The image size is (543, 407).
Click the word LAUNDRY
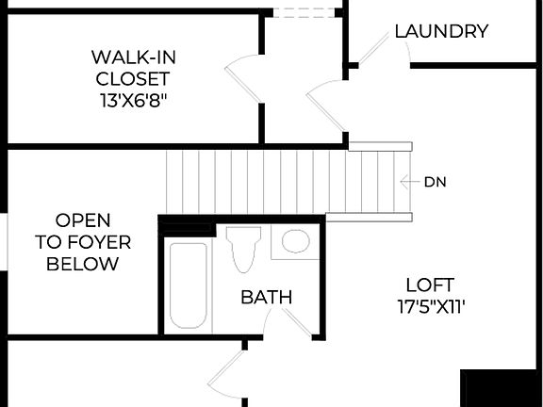pos(441,31)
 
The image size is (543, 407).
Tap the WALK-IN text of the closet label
pos(131,57)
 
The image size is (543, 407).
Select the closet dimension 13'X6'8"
pos(131,99)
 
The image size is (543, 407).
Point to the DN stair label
pos(435,182)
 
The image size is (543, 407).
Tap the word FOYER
pos(83,242)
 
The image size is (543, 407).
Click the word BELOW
pos(83,264)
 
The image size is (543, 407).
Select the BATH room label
pos(266,298)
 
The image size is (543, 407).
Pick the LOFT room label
pos(430,285)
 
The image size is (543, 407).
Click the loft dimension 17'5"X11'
pos(430,305)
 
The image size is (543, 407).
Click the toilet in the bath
pos(243,249)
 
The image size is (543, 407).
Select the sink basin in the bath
pos(296,242)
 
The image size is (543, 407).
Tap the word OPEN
pos(83,220)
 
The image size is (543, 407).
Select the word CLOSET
pos(131,78)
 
